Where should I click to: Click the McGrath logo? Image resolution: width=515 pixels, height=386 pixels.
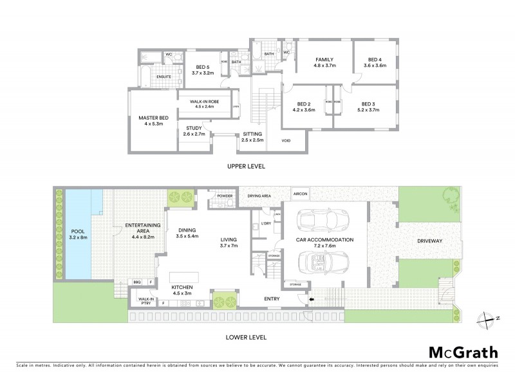[463, 352]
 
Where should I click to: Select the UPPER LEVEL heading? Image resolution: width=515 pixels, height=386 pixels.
[247, 166]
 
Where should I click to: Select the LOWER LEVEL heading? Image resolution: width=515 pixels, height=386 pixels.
[247, 336]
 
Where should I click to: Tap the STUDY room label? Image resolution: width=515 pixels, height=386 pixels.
[194, 131]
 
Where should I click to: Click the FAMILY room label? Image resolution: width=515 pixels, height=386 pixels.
[325, 61]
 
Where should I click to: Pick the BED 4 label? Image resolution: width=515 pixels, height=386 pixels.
[375, 61]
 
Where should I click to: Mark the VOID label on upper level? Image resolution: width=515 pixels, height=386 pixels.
[286, 140]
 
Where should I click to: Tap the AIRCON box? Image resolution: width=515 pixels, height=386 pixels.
[300, 193]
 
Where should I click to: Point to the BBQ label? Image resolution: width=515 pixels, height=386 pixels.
[137, 282]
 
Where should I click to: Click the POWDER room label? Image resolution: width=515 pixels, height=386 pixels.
[225, 195]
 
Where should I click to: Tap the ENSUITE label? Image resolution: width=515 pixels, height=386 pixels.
[164, 76]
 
